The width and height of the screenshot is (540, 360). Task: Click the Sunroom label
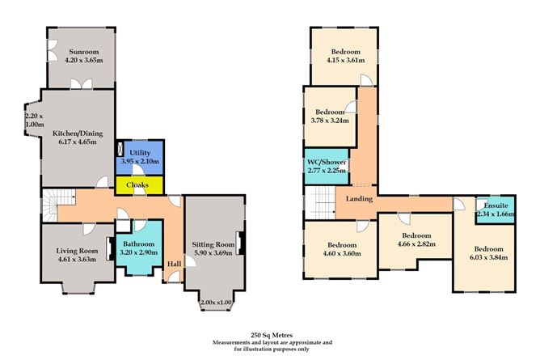coord(78,49)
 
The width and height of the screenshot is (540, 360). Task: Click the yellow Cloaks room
coord(140,185)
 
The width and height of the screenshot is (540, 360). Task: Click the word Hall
coord(174,263)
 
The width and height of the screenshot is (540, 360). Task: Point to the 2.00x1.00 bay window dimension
coord(214,303)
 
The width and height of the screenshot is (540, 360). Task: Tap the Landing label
coord(359,198)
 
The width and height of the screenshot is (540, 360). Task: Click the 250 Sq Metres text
coord(272,333)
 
